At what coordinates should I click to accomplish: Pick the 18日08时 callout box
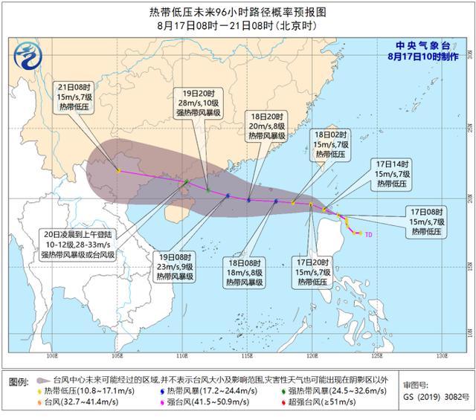pos(245,271)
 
